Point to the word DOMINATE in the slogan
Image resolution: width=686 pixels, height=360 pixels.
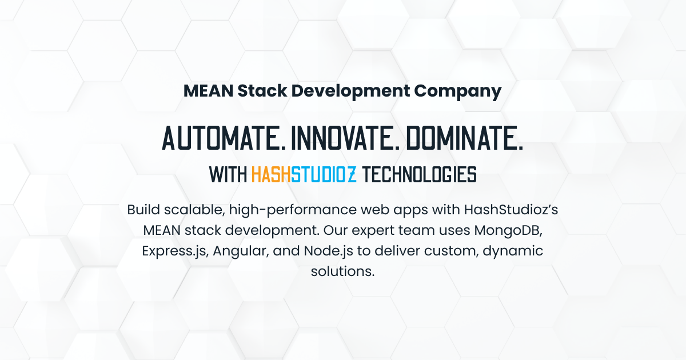473,138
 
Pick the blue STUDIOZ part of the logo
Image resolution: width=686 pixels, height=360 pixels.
324,174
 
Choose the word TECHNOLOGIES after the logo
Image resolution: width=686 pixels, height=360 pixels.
420,174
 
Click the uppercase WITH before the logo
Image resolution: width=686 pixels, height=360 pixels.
228,174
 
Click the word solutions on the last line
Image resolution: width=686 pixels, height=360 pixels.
342,271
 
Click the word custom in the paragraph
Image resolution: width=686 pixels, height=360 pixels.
448,251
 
